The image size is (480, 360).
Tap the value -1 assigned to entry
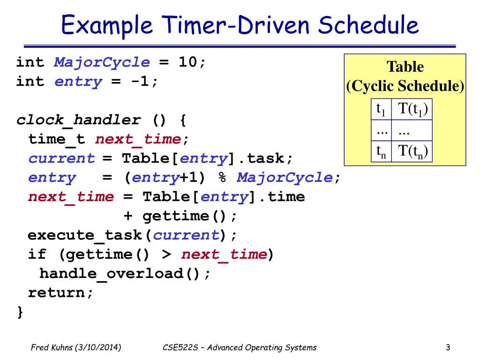click(x=141, y=82)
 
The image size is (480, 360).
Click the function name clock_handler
click(x=78, y=120)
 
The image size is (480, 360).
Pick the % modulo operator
click(x=221, y=178)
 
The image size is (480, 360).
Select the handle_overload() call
click(x=125, y=273)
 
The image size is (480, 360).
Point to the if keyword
click(x=37, y=255)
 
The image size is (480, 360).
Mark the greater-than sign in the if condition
click(x=166, y=255)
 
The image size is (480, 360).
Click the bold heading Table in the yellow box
click(x=405, y=67)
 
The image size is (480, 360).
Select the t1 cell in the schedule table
click(x=381, y=110)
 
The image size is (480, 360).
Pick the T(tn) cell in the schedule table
click(x=412, y=151)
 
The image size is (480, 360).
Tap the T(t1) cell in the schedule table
click(x=412, y=110)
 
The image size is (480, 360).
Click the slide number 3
click(x=448, y=347)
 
